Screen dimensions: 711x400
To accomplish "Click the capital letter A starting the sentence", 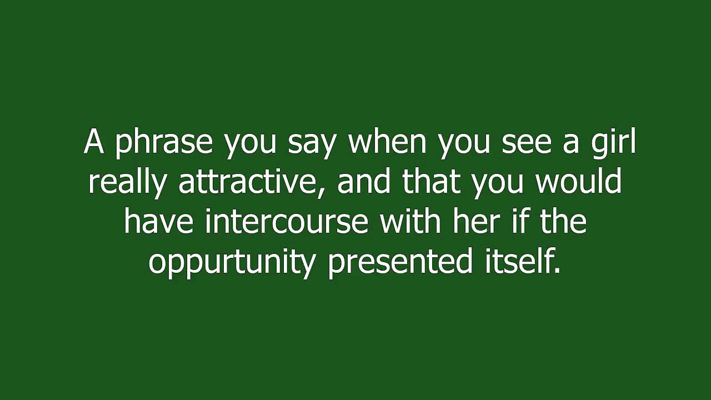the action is pyautogui.click(x=94, y=142).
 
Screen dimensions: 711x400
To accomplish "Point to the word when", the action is pyautogui.click(x=387, y=142).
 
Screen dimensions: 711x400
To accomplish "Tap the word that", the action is pyautogui.click(x=431, y=181).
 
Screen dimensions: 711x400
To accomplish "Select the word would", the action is pyautogui.click(x=579, y=181).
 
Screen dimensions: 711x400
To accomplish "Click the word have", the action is pyautogui.click(x=158, y=221).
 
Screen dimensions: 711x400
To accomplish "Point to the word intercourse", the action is pyautogui.click(x=286, y=221).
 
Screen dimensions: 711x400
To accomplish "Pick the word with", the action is pyautogui.click(x=410, y=221).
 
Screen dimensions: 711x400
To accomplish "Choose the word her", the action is pyautogui.click(x=476, y=221).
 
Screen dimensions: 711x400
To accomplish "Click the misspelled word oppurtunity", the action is pyautogui.click(x=232, y=262).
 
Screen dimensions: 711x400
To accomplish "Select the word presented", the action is pyautogui.click(x=400, y=262).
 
